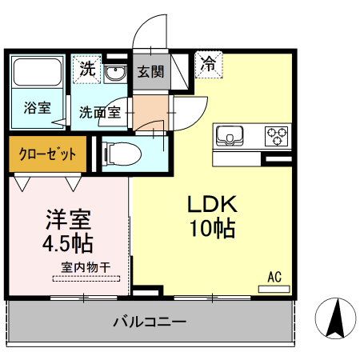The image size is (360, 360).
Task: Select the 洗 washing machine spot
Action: pyautogui.click(x=86, y=69)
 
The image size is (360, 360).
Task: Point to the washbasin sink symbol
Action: pyautogui.click(x=114, y=75)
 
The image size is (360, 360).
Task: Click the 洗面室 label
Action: pyautogui.click(x=99, y=113)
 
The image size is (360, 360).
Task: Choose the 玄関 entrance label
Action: pyautogui.click(x=150, y=71)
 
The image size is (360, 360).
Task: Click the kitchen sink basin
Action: pyautogui.click(x=230, y=135)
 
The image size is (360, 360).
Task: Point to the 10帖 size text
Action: pyautogui.click(x=212, y=229)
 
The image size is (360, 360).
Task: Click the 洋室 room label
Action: pyautogui.click(x=68, y=218)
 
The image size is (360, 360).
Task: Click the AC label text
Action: pyautogui.click(x=274, y=278)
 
